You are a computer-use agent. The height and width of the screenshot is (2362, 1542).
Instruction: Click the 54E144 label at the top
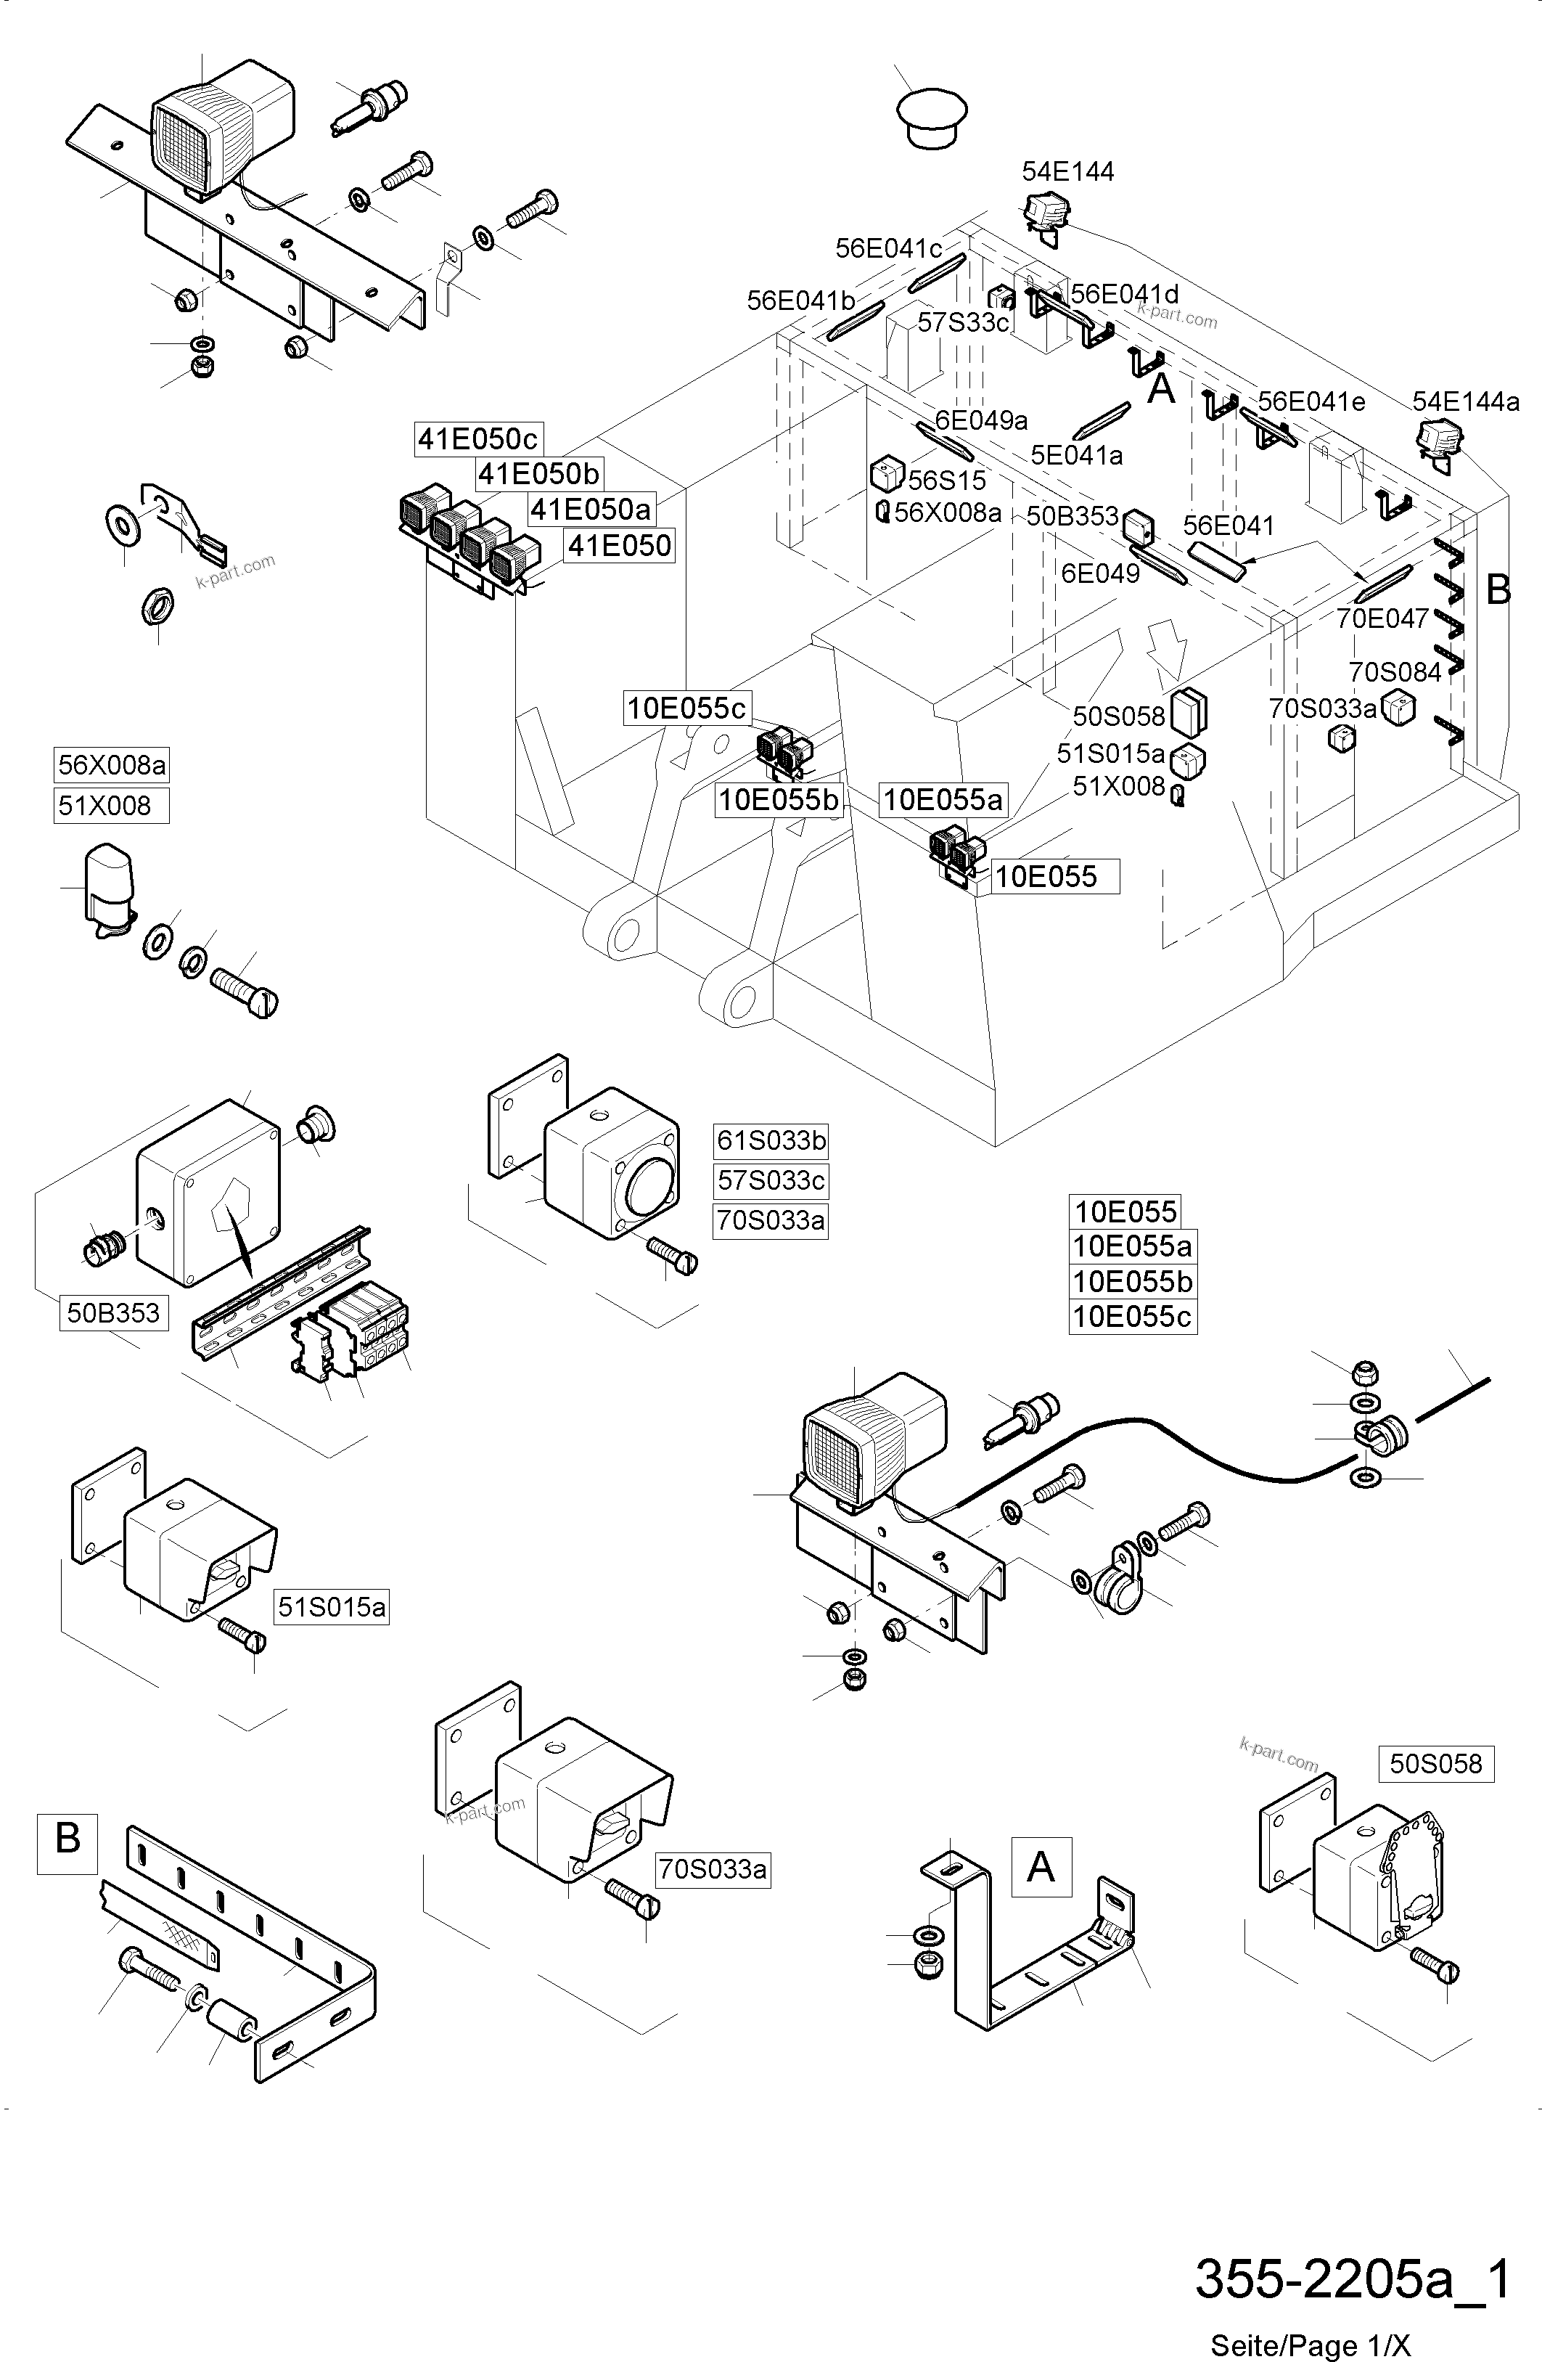[1067, 172]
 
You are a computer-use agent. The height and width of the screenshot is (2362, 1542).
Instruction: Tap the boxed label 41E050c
[477, 438]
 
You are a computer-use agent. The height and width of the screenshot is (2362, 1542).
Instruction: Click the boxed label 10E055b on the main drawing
[778, 800]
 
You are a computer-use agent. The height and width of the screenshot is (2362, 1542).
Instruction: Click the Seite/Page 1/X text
[1310, 2344]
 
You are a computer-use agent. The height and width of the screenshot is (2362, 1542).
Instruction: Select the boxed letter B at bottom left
[67, 1837]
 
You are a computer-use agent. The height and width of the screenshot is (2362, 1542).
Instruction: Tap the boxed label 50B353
[113, 1313]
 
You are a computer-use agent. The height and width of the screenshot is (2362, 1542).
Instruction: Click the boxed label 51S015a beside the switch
[332, 1606]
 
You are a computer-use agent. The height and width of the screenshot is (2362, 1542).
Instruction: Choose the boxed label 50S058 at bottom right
[1435, 1764]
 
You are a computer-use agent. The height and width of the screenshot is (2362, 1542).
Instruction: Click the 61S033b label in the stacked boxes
[770, 1141]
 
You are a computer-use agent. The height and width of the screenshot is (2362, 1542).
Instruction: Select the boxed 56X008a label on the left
[111, 765]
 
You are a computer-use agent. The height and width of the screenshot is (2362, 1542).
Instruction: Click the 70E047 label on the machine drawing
[1381, 618]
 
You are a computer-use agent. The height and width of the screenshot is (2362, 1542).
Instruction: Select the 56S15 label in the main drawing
[947, 481]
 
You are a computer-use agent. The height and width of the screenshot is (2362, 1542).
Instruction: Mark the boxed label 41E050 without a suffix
[619, 546]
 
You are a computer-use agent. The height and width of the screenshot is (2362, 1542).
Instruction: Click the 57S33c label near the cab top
[962, 322]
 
